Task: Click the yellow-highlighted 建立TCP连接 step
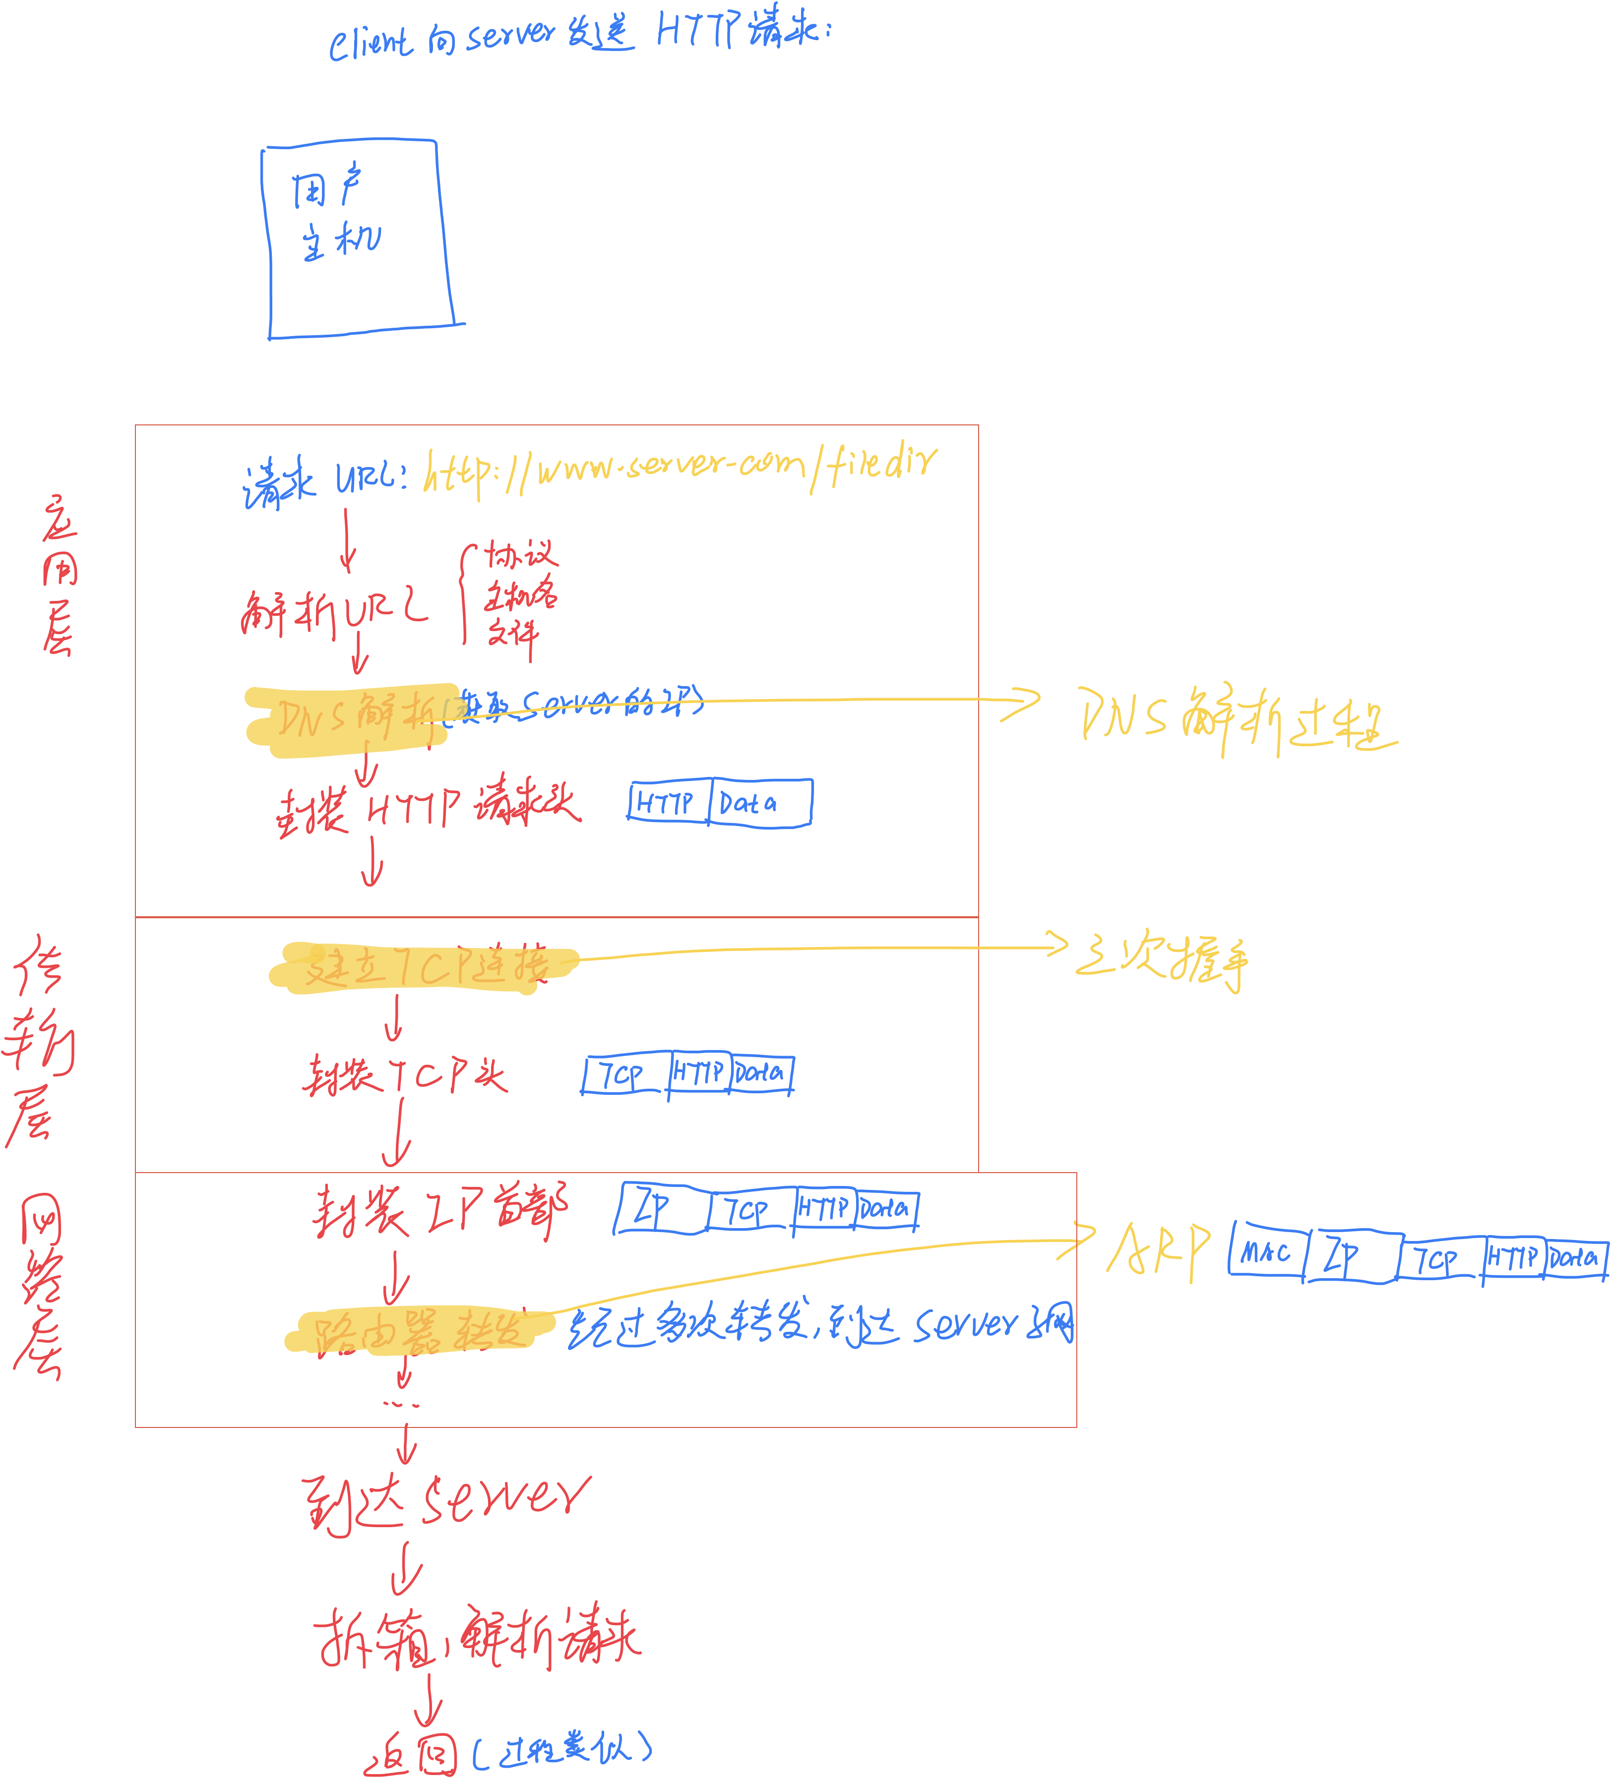coord(424,967)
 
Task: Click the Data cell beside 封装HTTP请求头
coord(759,803)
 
